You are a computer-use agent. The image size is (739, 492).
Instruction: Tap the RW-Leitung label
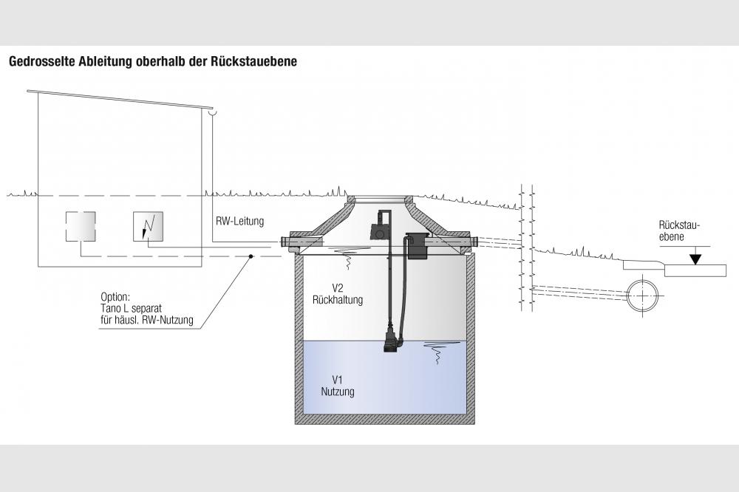241,221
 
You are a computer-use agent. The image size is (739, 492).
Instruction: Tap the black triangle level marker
695,259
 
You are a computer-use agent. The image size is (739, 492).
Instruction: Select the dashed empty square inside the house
80,225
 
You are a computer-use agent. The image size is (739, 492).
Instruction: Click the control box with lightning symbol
148,225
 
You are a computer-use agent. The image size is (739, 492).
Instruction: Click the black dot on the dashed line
251,257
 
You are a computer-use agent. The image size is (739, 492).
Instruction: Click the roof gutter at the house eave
214,113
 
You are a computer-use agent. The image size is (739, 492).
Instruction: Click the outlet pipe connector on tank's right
471,241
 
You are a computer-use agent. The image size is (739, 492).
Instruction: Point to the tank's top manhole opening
381,199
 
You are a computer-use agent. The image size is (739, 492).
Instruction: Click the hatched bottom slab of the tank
384,420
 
